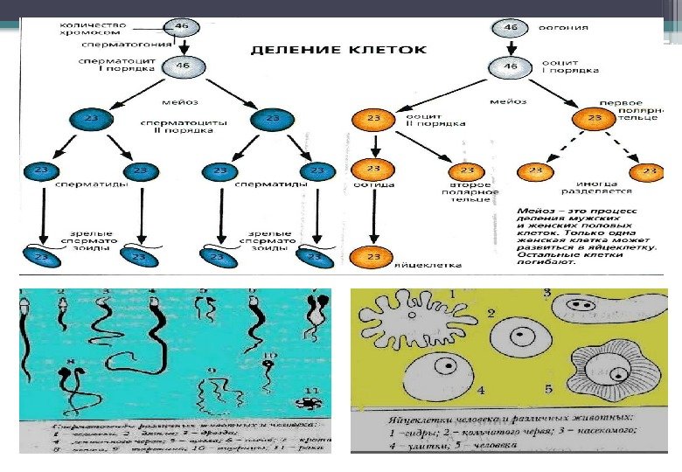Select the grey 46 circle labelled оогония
[x=511, y=28]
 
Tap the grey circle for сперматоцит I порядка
[x=183, y=66]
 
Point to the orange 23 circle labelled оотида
[x=373, y=170]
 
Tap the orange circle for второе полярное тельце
[x=469, y=171]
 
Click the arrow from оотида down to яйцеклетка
[x=373, y=214]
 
